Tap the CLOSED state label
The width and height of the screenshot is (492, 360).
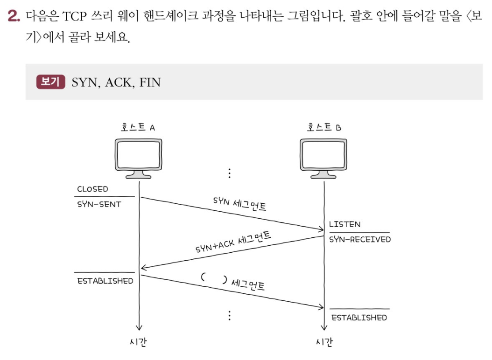tap(92, 189)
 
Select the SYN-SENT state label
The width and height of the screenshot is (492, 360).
tap(99, 204)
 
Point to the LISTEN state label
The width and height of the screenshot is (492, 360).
tap(344, 224)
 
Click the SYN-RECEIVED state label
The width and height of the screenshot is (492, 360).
tap(360, 239)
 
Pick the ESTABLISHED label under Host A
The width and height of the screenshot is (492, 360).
tap(105, 281)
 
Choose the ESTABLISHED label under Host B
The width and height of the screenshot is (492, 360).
tap(359, 318)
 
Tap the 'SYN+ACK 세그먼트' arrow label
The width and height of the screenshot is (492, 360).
tap(233, 242)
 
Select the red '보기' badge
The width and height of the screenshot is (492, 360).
tap(50, 82)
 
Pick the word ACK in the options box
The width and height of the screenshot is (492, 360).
tap(119, 83)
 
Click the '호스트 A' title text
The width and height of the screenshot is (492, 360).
tap(138, 127)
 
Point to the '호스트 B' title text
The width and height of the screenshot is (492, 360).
tap(323, 127)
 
